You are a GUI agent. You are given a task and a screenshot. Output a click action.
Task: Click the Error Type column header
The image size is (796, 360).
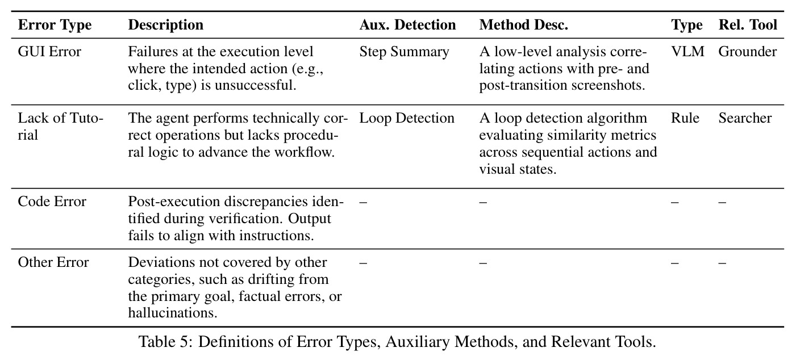55,25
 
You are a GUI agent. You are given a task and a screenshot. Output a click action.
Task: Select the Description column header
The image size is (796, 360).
165,25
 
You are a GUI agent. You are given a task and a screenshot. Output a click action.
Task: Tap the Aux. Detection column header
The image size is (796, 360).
407,25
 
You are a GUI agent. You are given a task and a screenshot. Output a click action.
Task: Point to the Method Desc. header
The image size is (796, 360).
523,25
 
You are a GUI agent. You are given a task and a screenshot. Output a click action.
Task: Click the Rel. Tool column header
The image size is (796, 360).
748,25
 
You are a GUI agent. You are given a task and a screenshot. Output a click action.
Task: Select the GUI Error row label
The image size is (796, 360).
49,52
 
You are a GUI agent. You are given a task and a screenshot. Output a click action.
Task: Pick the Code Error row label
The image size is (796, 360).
52,202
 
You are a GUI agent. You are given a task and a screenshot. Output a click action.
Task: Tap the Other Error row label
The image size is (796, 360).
53,262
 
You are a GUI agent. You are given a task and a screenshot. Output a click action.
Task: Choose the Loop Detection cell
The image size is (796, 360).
407,118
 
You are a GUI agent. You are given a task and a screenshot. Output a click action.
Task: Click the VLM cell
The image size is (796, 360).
687,52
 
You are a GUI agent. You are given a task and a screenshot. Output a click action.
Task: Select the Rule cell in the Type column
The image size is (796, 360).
685,118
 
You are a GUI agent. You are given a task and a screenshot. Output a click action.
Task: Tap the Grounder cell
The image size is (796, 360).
747,52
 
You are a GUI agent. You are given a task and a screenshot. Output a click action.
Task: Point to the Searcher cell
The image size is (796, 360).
745,118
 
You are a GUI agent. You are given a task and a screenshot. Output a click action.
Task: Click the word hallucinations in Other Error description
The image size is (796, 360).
172,313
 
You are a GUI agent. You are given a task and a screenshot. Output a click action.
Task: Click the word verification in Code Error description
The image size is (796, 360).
245,219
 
